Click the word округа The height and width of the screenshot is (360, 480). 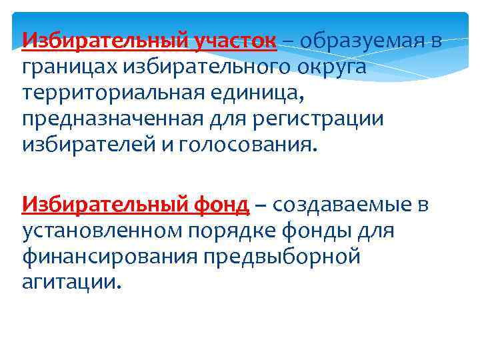[x=325, y=67]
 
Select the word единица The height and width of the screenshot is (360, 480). [x=260, y=93]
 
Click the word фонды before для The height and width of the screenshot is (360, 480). [x=340, y=231]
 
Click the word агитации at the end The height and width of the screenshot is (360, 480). [x=71, y=282]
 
